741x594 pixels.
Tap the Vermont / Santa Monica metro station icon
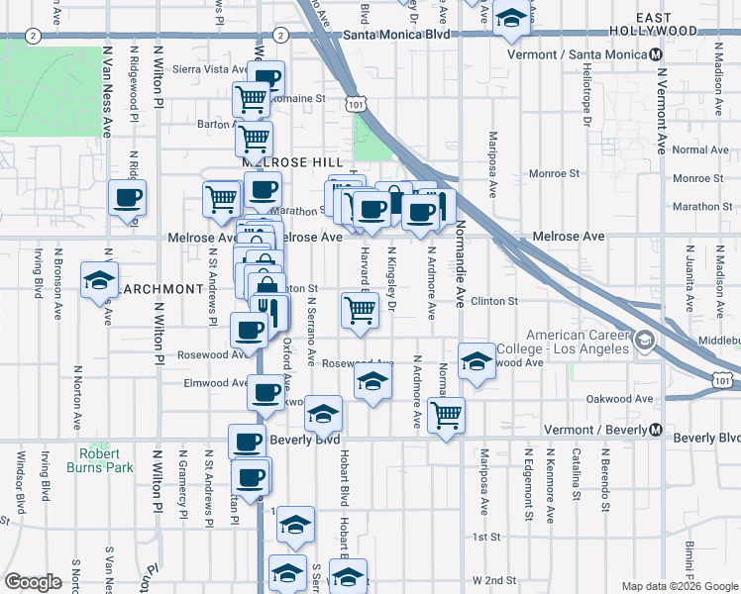coord(655,54)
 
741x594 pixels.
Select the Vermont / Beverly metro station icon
coord(655,431)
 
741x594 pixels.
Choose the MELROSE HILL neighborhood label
coord(292,161)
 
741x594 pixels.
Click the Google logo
coord(33,582)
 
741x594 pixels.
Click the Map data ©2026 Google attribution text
coord(679,586)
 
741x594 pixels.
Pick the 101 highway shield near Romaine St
coord(356,103)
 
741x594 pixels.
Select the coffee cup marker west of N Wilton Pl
coord(127,198)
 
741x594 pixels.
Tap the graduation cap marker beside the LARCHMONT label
coord(99,280)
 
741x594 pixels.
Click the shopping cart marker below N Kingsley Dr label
coord(360,310)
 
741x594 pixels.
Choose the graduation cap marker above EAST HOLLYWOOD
coord(511,18)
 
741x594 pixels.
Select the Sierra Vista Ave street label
coord(208,69)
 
